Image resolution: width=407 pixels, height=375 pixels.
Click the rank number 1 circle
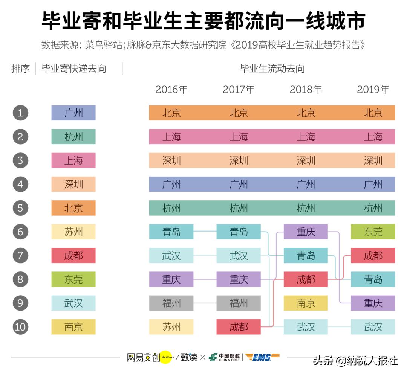tap(20, 113)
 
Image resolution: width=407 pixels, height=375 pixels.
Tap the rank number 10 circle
tap(20, 326)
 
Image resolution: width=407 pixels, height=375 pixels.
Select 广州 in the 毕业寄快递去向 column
tap(73, 113)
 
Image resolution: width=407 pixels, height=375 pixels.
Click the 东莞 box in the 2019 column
tap(373, 232)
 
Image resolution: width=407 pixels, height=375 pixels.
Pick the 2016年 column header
tap(171, 90)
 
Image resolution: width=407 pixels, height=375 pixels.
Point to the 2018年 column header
tap(306, 90)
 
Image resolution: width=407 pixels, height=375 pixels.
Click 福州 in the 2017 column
tap(239, 303)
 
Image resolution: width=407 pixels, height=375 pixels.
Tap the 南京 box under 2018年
tap(306, 303)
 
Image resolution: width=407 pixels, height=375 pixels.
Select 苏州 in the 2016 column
tap(171, 326)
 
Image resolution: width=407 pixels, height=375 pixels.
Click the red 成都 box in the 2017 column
tap(239, 326)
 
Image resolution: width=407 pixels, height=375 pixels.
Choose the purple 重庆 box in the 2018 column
tap(306, 232)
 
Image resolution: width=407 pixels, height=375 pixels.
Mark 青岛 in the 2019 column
tap(373, 279)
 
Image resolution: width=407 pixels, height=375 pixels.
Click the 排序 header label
tap(20, 69)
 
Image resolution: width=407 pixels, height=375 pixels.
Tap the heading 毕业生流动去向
tap(272, 69)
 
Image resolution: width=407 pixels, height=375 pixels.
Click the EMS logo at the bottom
tap(262, 357)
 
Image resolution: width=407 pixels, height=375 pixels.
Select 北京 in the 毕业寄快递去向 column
tap(73, 208)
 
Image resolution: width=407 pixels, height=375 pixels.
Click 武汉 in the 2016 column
tap(171, 255)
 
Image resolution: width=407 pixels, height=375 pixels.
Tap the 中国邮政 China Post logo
tap(225, 357)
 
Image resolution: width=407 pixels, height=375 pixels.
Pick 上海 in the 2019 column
tap(373, 136)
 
